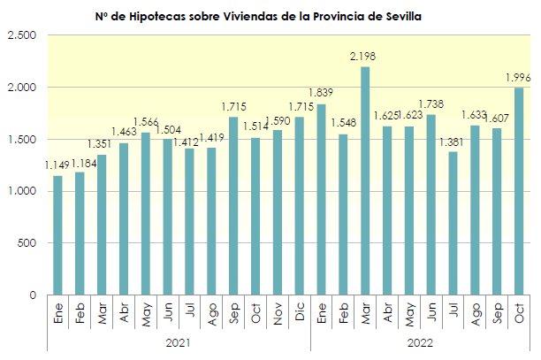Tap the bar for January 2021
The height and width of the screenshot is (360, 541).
57,235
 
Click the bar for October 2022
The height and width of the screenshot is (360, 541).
519,191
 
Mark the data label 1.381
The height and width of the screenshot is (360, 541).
453,142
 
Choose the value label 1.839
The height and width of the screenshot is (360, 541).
321,94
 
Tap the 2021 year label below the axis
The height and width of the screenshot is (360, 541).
179,341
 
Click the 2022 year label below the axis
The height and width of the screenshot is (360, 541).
420,341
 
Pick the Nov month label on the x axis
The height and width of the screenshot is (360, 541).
278,313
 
